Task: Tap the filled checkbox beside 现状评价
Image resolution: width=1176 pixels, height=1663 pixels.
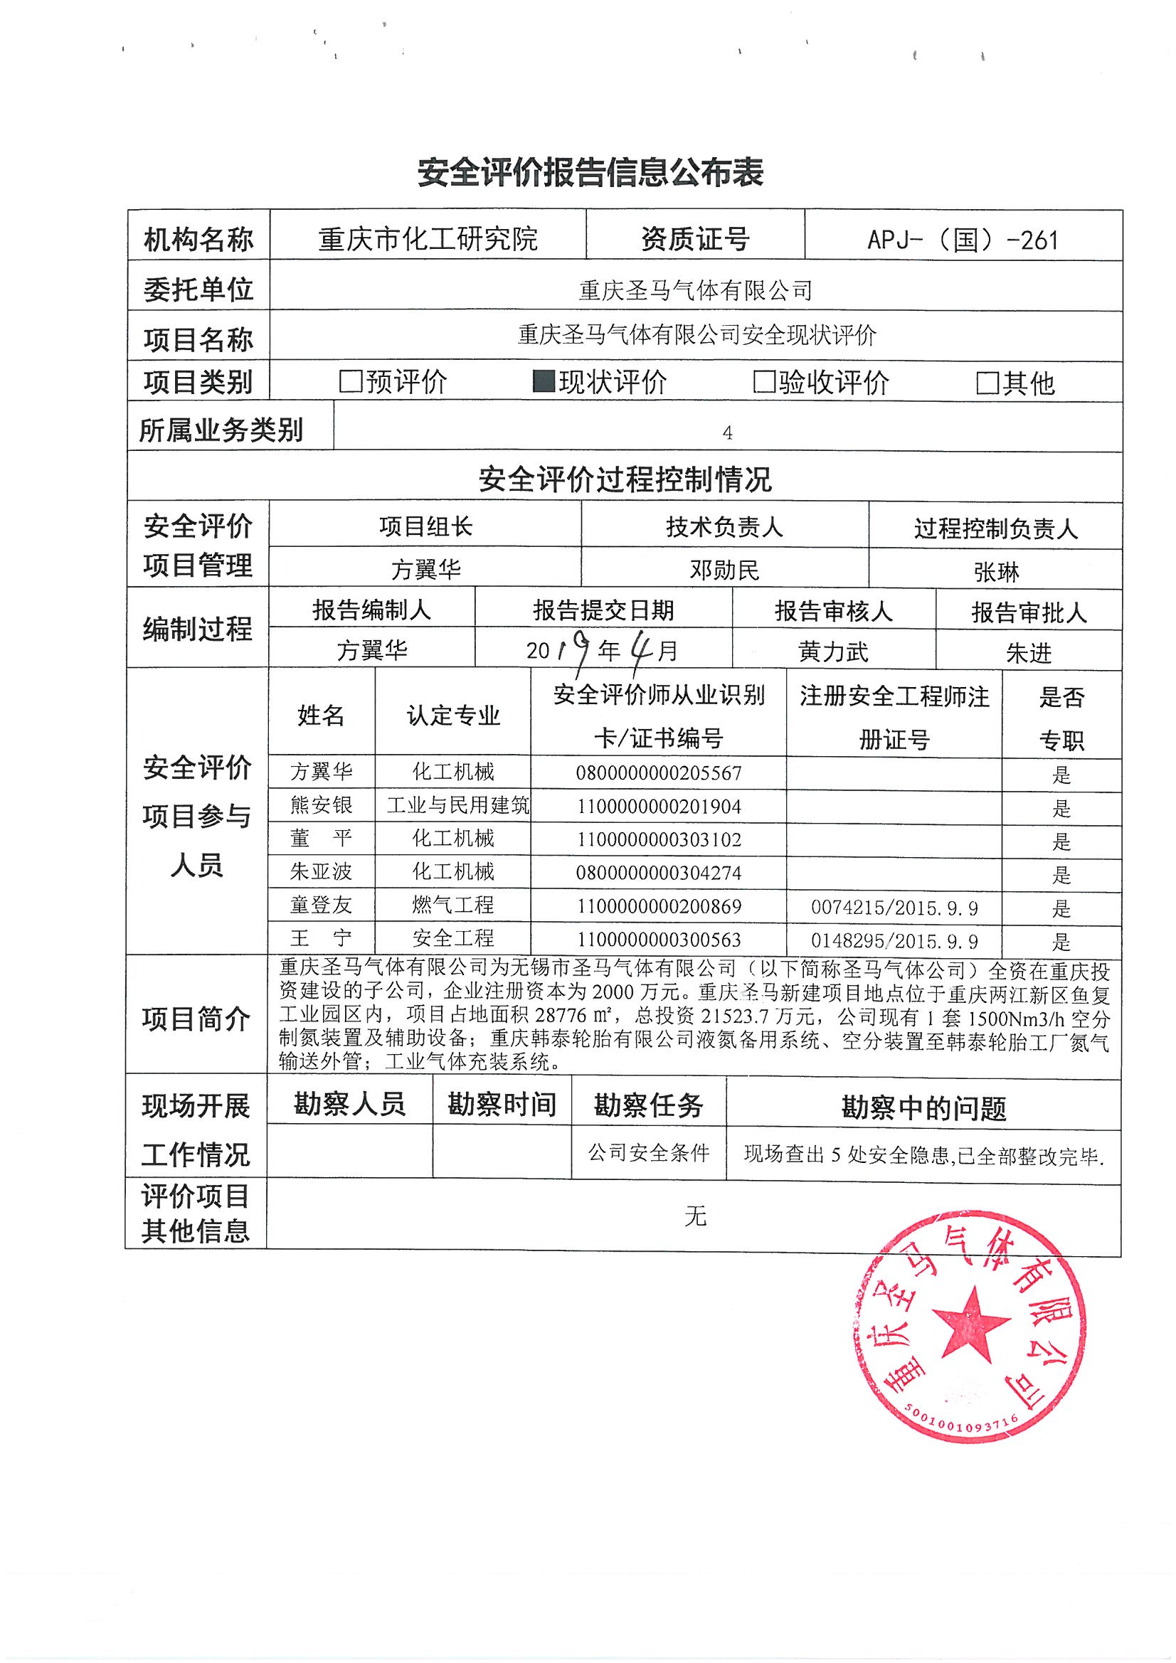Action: point(544,381)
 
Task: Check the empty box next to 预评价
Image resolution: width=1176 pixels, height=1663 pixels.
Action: point(351,381)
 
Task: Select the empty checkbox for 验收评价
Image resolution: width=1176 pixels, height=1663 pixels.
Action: point(765,381)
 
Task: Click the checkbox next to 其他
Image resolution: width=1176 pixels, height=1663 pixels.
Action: point(987,383)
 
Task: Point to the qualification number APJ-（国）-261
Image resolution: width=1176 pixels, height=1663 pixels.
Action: point(963,240)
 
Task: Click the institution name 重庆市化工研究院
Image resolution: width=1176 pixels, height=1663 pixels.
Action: point(428,238)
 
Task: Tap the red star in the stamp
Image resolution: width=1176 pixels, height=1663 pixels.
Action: point(972,1334)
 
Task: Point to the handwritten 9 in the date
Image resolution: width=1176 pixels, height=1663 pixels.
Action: point(578,648)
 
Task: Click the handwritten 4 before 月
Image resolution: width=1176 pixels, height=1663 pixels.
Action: point(640,648)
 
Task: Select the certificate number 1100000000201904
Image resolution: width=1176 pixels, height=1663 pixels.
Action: point(659,806)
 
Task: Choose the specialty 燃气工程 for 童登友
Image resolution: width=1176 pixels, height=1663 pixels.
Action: point(453,905)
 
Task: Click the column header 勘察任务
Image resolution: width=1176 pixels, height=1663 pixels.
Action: point(649,1106)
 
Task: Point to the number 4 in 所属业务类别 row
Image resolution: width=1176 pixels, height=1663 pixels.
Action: point(728,433)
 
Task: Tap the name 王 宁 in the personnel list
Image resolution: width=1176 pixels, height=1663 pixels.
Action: point(321,939)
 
